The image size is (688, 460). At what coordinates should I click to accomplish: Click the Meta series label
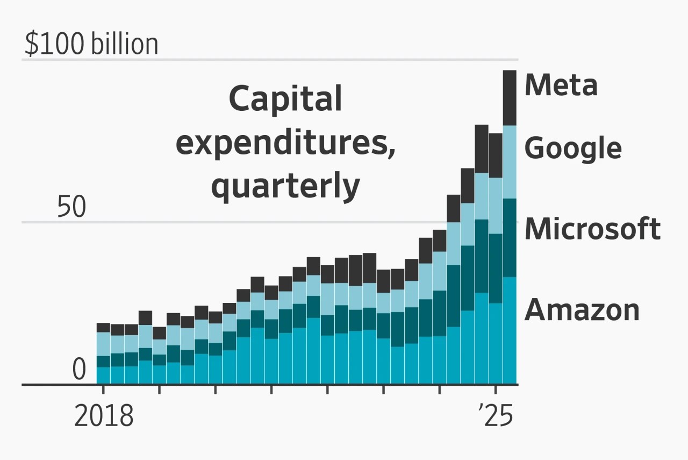561,86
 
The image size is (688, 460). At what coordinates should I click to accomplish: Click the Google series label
573,148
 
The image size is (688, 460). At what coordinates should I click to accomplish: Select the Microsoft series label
592,229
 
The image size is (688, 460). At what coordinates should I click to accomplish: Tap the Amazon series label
582,310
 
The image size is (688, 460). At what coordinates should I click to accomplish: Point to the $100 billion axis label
91,45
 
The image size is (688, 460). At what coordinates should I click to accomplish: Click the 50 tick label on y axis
71,208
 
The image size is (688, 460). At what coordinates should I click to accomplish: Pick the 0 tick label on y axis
79,370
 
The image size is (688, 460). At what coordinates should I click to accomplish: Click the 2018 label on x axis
103,416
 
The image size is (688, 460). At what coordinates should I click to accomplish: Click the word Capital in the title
285,100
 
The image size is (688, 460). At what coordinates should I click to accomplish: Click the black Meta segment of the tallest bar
510,97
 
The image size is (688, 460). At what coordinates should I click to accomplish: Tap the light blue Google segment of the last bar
510,162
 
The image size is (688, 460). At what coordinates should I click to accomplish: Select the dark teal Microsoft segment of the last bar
510,238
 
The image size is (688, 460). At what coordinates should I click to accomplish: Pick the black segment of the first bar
103,328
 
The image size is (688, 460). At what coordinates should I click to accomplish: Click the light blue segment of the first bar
103,344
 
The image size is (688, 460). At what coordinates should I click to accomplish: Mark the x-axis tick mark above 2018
103,390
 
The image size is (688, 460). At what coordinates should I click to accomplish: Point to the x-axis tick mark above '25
496,390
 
